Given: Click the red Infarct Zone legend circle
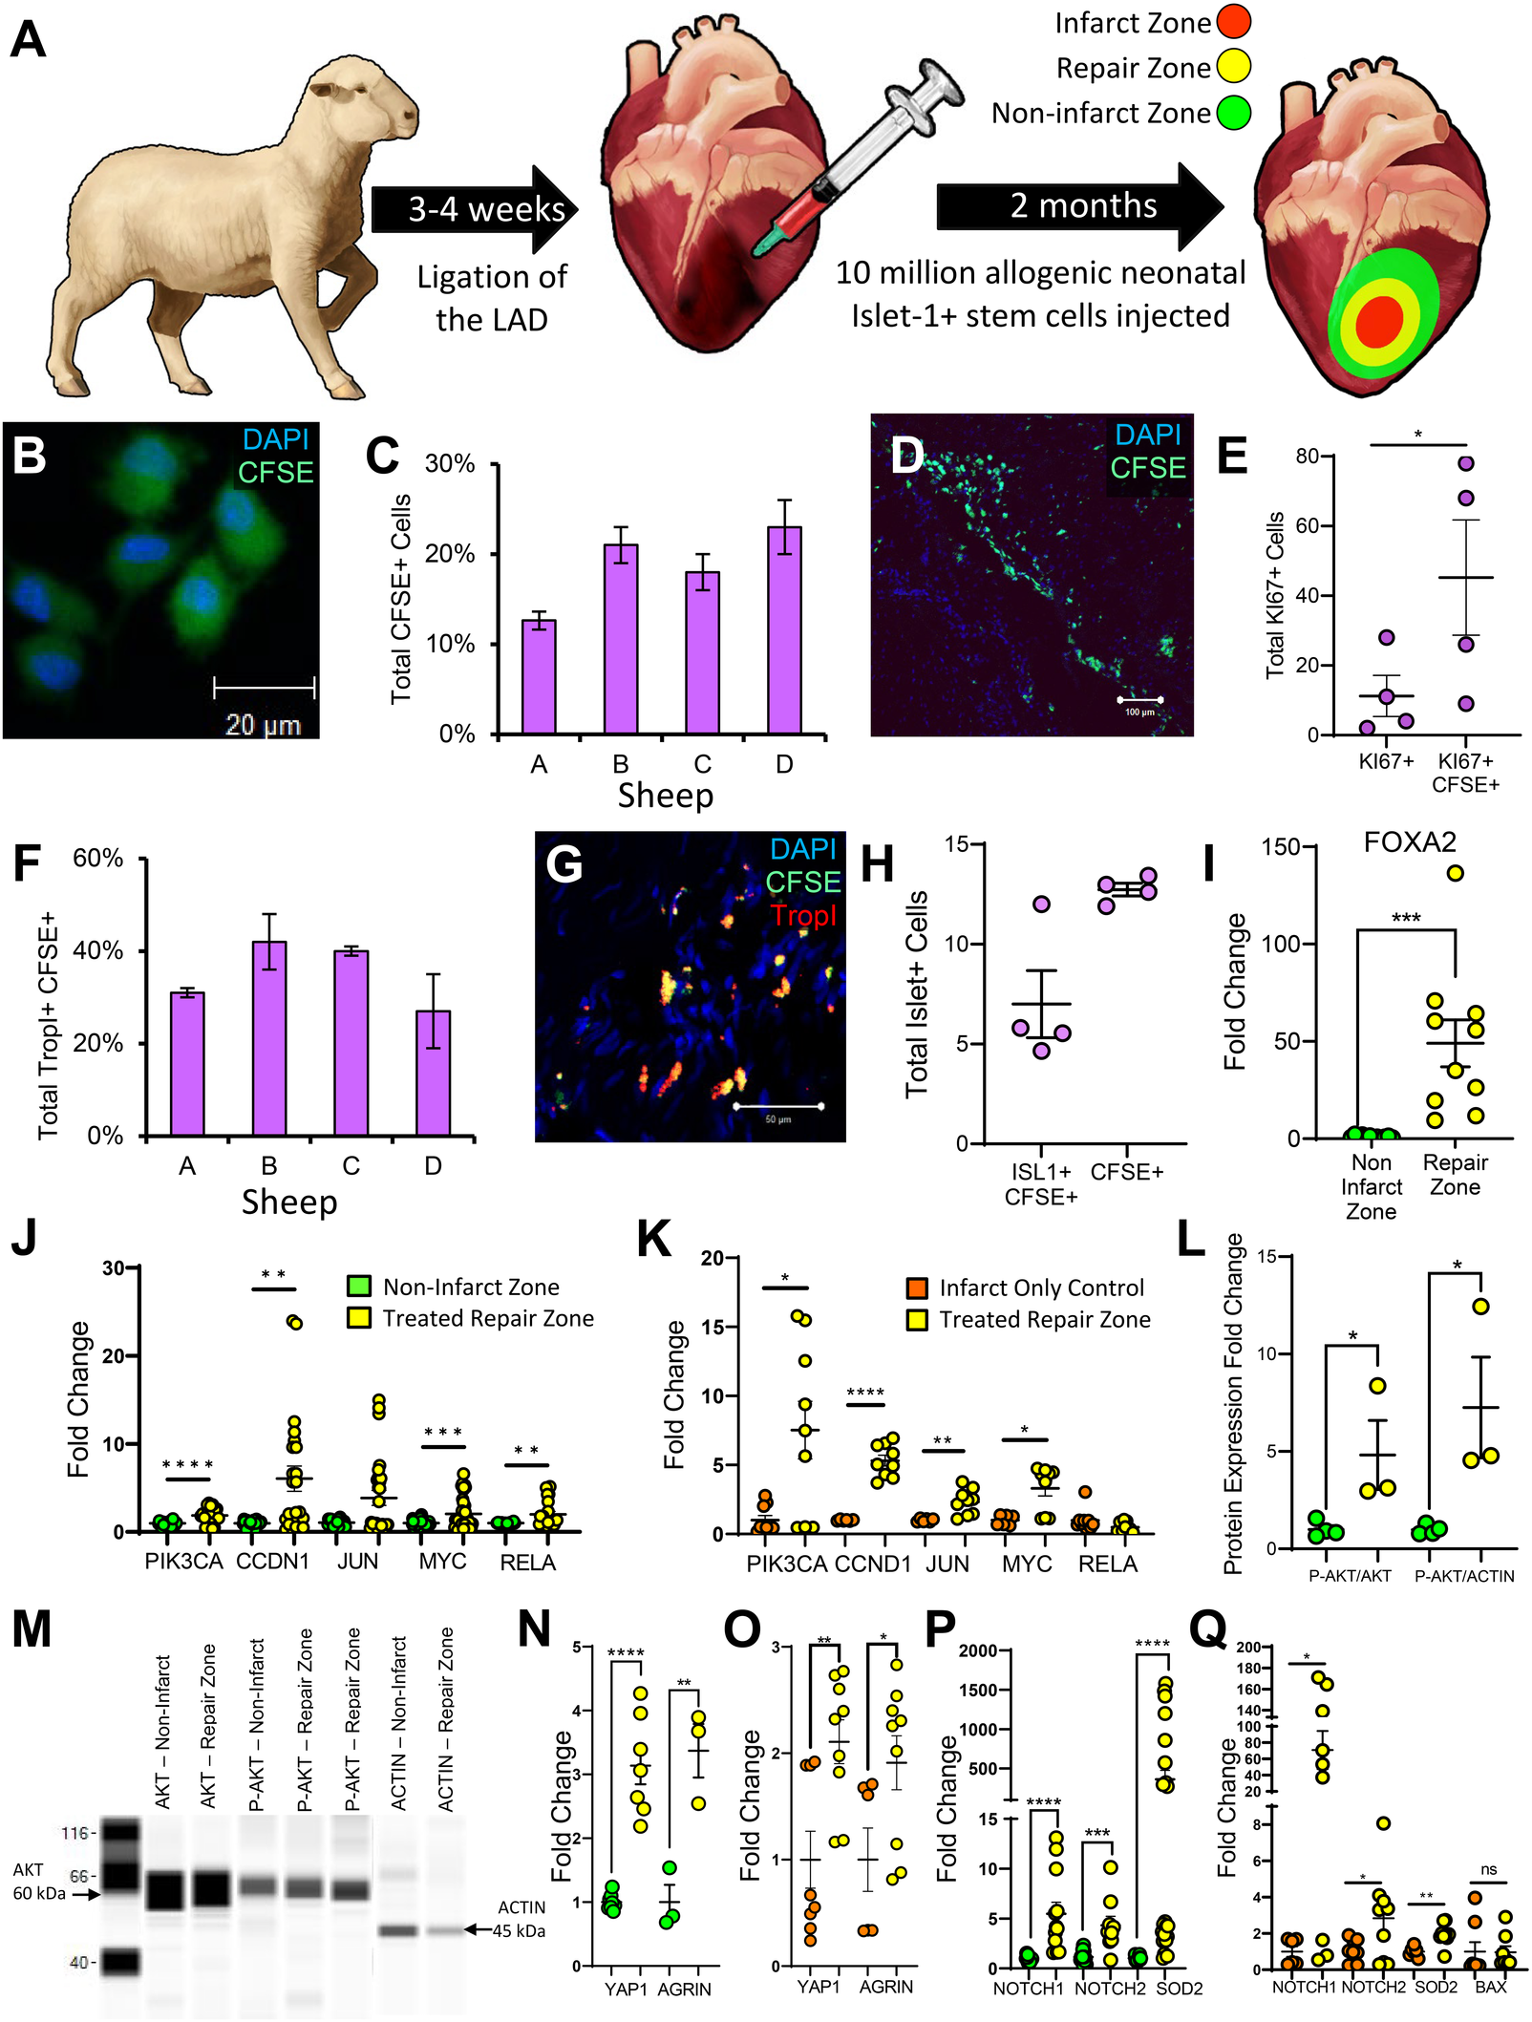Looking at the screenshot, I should coord(1233,22).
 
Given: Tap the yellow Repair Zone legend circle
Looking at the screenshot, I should coord(1233,67).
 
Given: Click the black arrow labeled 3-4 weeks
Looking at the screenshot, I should coord(475,209).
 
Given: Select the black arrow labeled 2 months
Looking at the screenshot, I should coord(1079,206).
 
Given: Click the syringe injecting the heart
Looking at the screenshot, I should coord(860,158).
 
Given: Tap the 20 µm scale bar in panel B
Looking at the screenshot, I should coord(264,688).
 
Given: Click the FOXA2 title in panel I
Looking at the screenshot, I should coord(1410,842).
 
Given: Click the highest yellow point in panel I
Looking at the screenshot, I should coord(1455,873).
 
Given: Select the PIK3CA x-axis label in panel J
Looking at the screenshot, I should coord(183,1561).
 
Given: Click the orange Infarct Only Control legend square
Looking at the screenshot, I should coord(917,1288).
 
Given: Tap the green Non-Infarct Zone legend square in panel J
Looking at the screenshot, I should coord(358,1286).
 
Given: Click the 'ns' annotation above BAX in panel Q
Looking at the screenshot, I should coord(1489,1869).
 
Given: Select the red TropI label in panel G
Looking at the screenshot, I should coord(803,915).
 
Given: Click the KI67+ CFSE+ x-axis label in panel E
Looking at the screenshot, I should coord(1465,773).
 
